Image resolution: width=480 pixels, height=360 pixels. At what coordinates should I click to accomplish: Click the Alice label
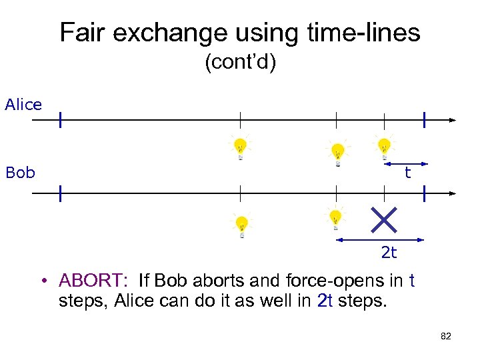click(x=23, y=105)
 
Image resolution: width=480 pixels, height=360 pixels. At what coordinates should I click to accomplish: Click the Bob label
click(x=20, y=173)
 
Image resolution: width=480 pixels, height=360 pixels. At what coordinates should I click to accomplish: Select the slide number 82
click(x=446, y=337)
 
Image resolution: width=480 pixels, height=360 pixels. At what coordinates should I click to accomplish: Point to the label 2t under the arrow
click(x=389, y=253)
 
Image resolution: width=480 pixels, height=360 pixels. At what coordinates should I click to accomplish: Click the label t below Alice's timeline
click(x=407, y=173)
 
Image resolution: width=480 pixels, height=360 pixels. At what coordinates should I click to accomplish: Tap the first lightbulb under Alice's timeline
click(x=240, y=148)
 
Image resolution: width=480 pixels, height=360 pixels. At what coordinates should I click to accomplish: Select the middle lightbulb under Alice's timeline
click(x=338, y=153)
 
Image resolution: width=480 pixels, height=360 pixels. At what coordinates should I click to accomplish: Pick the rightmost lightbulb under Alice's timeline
click(x=384, y=148)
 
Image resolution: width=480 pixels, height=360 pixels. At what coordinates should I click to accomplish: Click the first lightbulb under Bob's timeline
click(x=241, y=225)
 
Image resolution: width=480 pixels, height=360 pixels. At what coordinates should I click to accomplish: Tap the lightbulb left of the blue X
click(x=336, y=219)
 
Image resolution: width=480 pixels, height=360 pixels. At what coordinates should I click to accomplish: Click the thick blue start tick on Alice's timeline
click(x=60, y=121)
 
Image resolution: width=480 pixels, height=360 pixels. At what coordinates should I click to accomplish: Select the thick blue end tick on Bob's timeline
click(x=425, y=193)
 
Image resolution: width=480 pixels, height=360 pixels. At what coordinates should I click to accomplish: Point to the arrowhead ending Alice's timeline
click(x=453, y=121)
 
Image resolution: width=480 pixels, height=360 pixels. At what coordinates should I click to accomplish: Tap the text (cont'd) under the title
click(x=240, y=63)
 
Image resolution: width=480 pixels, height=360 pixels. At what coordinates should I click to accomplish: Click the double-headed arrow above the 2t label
click(x=380, y=239)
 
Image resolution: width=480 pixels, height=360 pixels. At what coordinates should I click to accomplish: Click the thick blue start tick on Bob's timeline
click(x=60, y=193)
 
